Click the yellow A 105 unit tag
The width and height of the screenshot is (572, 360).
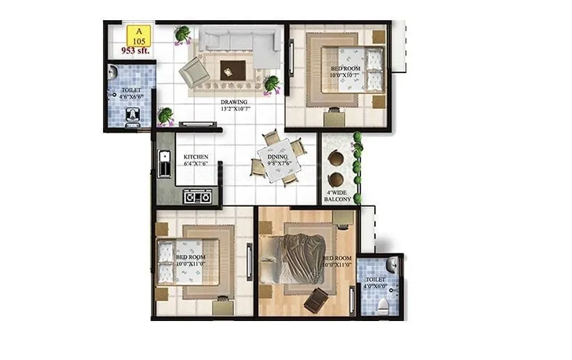point(138,36)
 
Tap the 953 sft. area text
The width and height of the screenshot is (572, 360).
point(136,51)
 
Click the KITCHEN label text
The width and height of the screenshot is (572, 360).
point(196,161)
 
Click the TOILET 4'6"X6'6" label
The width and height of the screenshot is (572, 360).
point(131,94)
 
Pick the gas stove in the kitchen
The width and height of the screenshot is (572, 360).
point(198,197)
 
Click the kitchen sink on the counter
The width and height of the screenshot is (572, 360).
point(164,167)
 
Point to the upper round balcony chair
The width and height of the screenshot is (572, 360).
point(336,158)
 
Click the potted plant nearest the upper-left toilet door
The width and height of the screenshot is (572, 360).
point(166,116)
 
